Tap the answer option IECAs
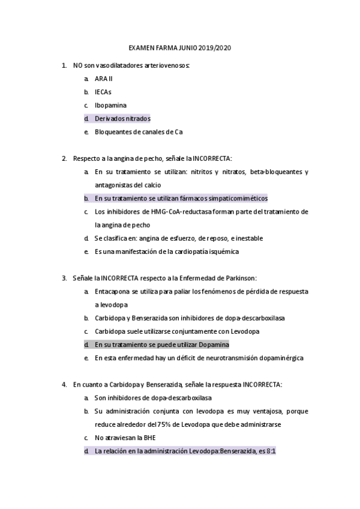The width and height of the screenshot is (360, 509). coord(103,92)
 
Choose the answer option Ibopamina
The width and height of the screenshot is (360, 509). coord(110,105)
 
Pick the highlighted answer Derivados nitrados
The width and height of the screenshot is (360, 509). coord(122,118)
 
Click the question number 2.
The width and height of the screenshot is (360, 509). coord(64,158)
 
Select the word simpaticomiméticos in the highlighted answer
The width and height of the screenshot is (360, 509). coord(238,198)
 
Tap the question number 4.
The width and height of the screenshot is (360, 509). coord(64,384)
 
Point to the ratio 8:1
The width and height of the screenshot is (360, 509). coord(269,451)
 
